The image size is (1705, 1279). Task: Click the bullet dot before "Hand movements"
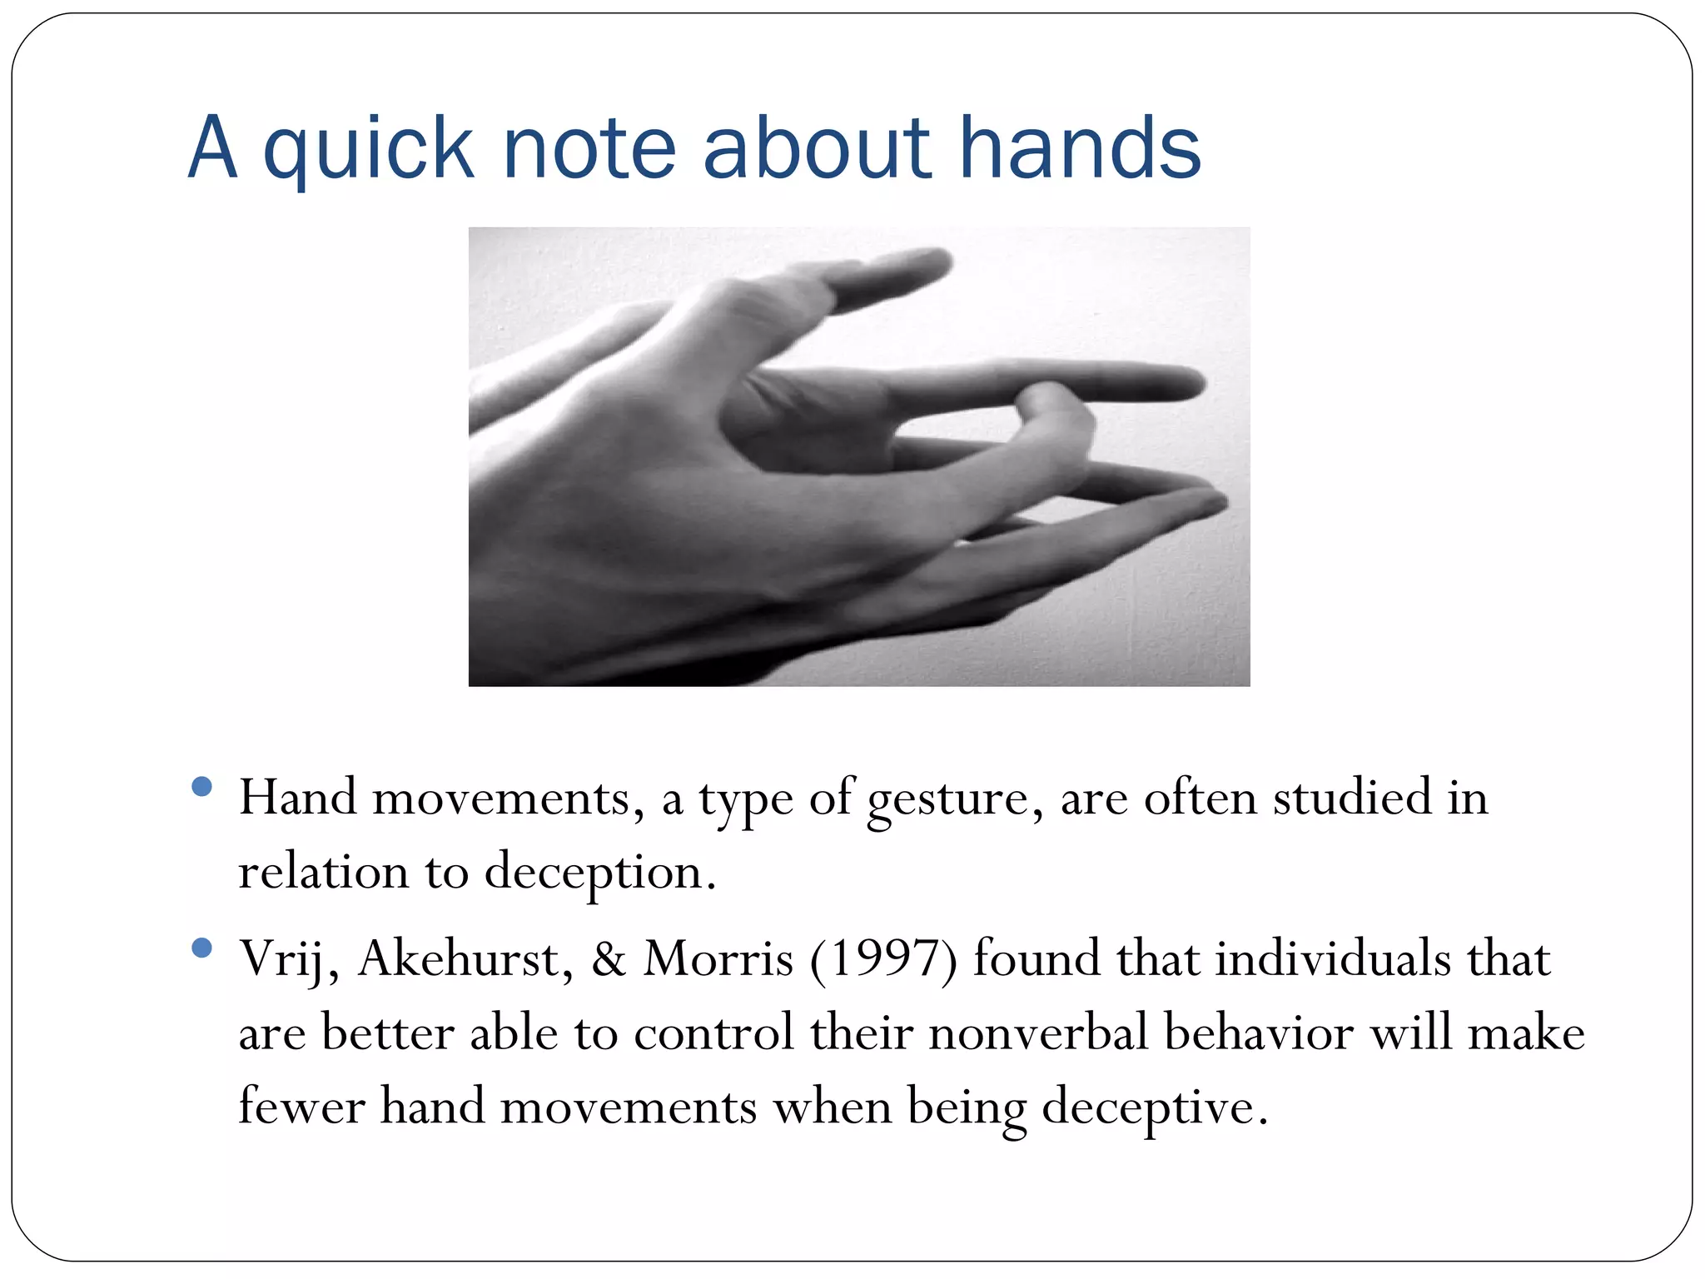click(201, 787)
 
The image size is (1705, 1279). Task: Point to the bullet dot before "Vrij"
click(201, 948)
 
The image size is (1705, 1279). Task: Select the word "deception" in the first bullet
click(599, 873)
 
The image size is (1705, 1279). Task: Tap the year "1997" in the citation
click(883, 959)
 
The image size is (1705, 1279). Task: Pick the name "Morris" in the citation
click(718, 959)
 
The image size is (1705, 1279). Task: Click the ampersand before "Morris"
click(609, 959)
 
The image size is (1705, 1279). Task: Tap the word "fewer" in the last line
click(301, 1107)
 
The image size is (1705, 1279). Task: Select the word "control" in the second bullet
click(713, 1033)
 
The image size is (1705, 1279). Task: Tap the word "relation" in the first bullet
click(323, 873)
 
